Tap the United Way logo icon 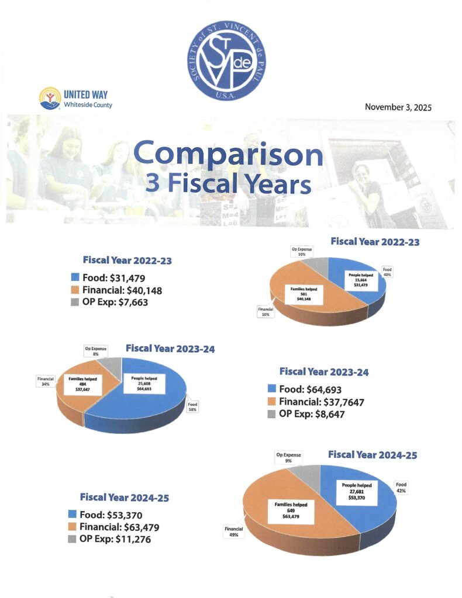[x=49, y=98]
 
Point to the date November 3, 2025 [x=398, y=107]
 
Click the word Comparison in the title [x=228, y=155]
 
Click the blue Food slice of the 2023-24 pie [x=146, y=403]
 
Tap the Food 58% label [x=193, y=407]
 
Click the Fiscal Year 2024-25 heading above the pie [x=373, y=454]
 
